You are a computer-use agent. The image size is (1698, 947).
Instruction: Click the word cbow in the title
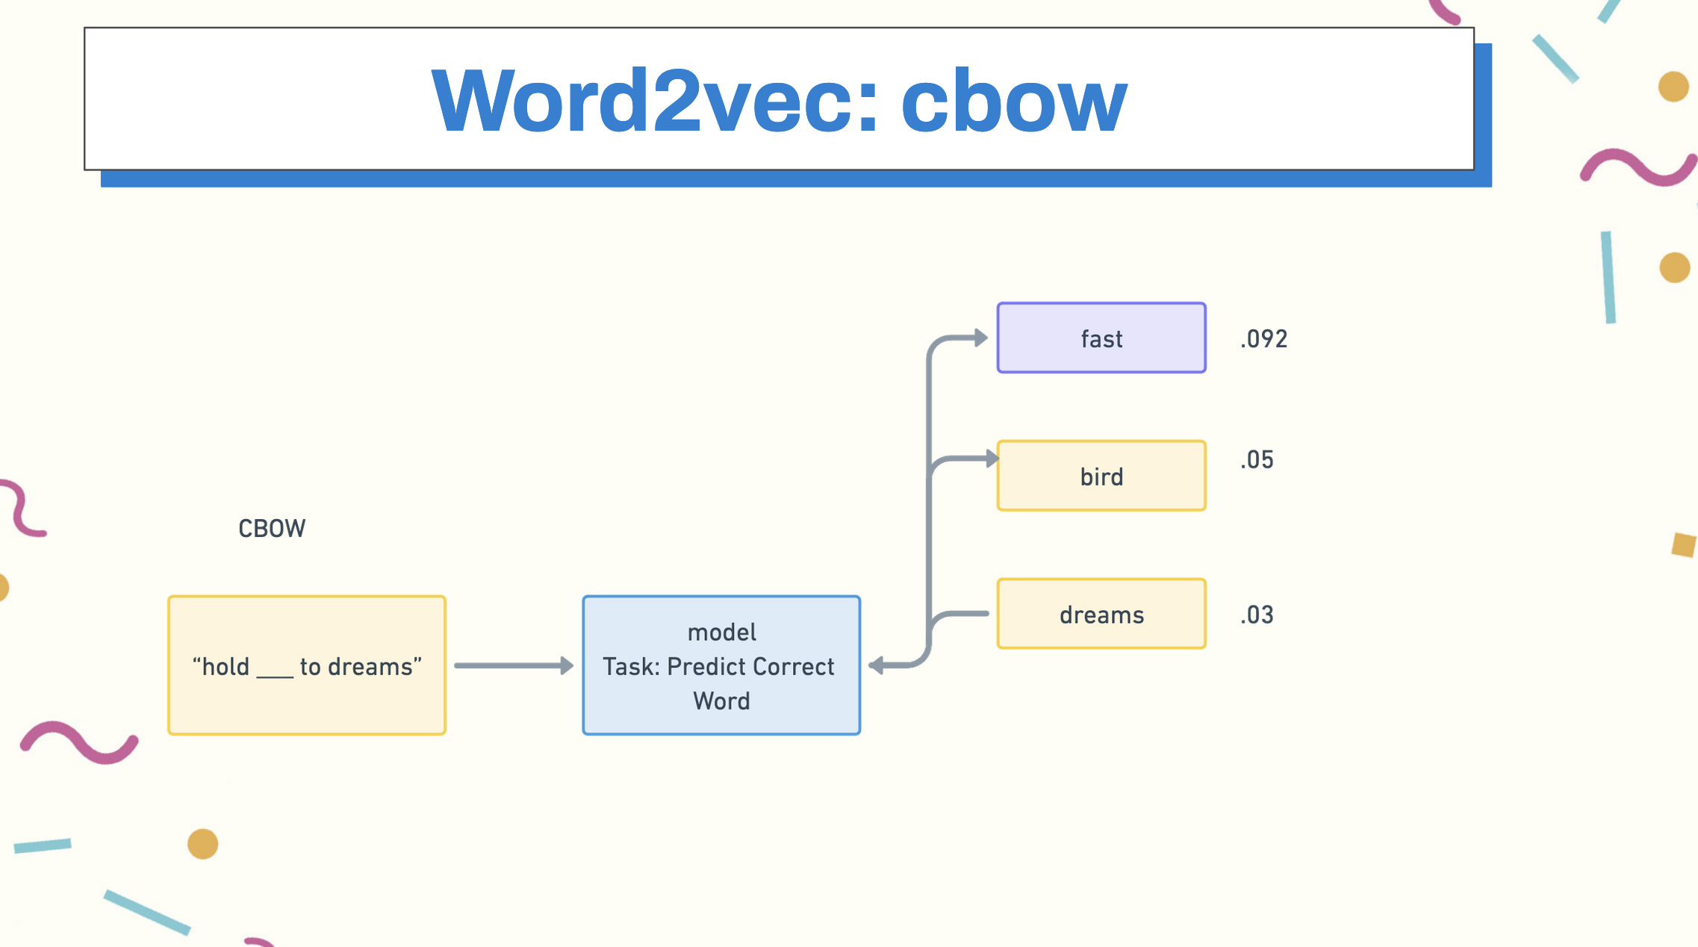point(1014,100)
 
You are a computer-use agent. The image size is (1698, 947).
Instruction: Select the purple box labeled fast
point(1101,338)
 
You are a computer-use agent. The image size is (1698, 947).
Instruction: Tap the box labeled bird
point(1101,476)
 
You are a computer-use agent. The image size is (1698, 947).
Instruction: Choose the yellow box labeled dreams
point(1101,614)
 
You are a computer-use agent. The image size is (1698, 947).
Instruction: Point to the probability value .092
point(1264,339)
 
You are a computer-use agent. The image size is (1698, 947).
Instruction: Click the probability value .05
point(1257,460)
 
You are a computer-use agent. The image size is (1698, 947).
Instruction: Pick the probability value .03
point(1257,615)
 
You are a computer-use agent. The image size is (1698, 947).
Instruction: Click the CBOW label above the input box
point(272,529)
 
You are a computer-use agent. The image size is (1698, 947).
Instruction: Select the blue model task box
point(721,665)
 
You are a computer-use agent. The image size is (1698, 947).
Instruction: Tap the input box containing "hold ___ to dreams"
point(307,665)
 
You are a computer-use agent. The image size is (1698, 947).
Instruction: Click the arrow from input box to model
point(514,665)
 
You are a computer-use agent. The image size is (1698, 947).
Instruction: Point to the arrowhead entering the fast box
point(981,338)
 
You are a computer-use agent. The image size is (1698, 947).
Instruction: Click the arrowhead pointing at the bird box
point(992,459)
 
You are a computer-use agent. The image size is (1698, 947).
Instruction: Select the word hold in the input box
point(226,666)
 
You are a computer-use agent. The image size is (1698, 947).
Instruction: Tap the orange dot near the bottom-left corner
point(202,844)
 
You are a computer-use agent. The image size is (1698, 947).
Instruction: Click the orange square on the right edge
point(1684,544)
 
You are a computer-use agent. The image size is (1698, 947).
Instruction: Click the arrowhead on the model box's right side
point(876,665)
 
